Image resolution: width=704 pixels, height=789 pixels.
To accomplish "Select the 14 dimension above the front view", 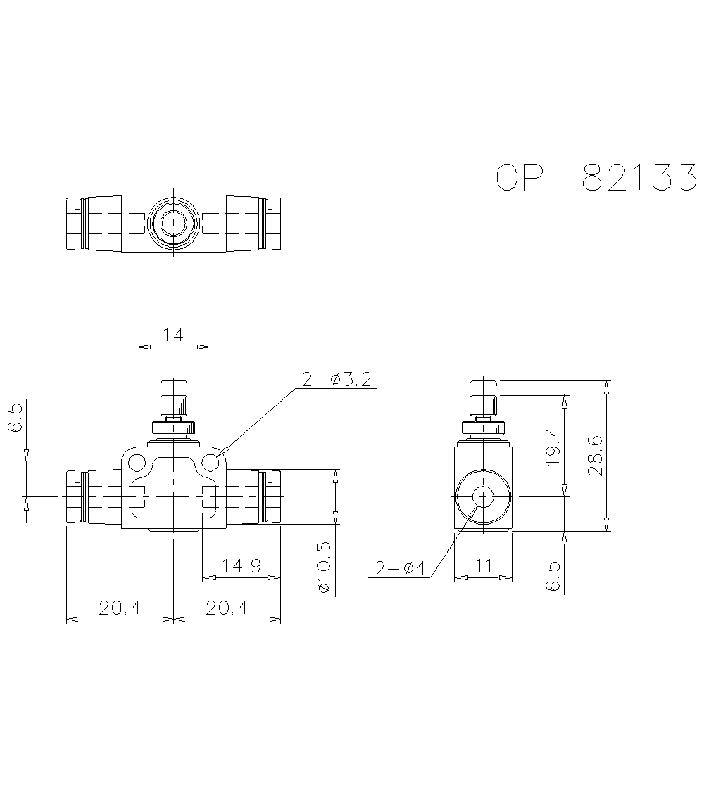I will pos(172,335).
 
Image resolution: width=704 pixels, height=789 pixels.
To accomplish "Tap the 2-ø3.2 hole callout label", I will pos(337,380).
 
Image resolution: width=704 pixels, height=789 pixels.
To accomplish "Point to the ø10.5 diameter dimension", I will pos(325,567).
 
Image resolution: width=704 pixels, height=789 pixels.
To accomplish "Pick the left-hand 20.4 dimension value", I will pos(120,608).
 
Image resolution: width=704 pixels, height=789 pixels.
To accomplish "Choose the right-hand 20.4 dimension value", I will pos(227,608).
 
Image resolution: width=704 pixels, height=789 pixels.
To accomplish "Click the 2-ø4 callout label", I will pos(401,568).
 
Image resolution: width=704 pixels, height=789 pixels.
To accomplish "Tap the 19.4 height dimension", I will pos(552,447).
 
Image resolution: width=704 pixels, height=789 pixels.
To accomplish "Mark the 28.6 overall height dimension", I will pos(595,456).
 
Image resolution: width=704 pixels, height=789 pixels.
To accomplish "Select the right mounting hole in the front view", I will pos(210,463).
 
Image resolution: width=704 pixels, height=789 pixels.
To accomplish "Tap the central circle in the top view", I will pos(172,224).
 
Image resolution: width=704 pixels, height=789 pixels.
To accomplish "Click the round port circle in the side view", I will pos(483,496).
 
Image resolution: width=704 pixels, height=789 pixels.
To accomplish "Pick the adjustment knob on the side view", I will pos(483,406).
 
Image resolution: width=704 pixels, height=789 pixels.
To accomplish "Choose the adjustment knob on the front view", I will pos(173,406).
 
